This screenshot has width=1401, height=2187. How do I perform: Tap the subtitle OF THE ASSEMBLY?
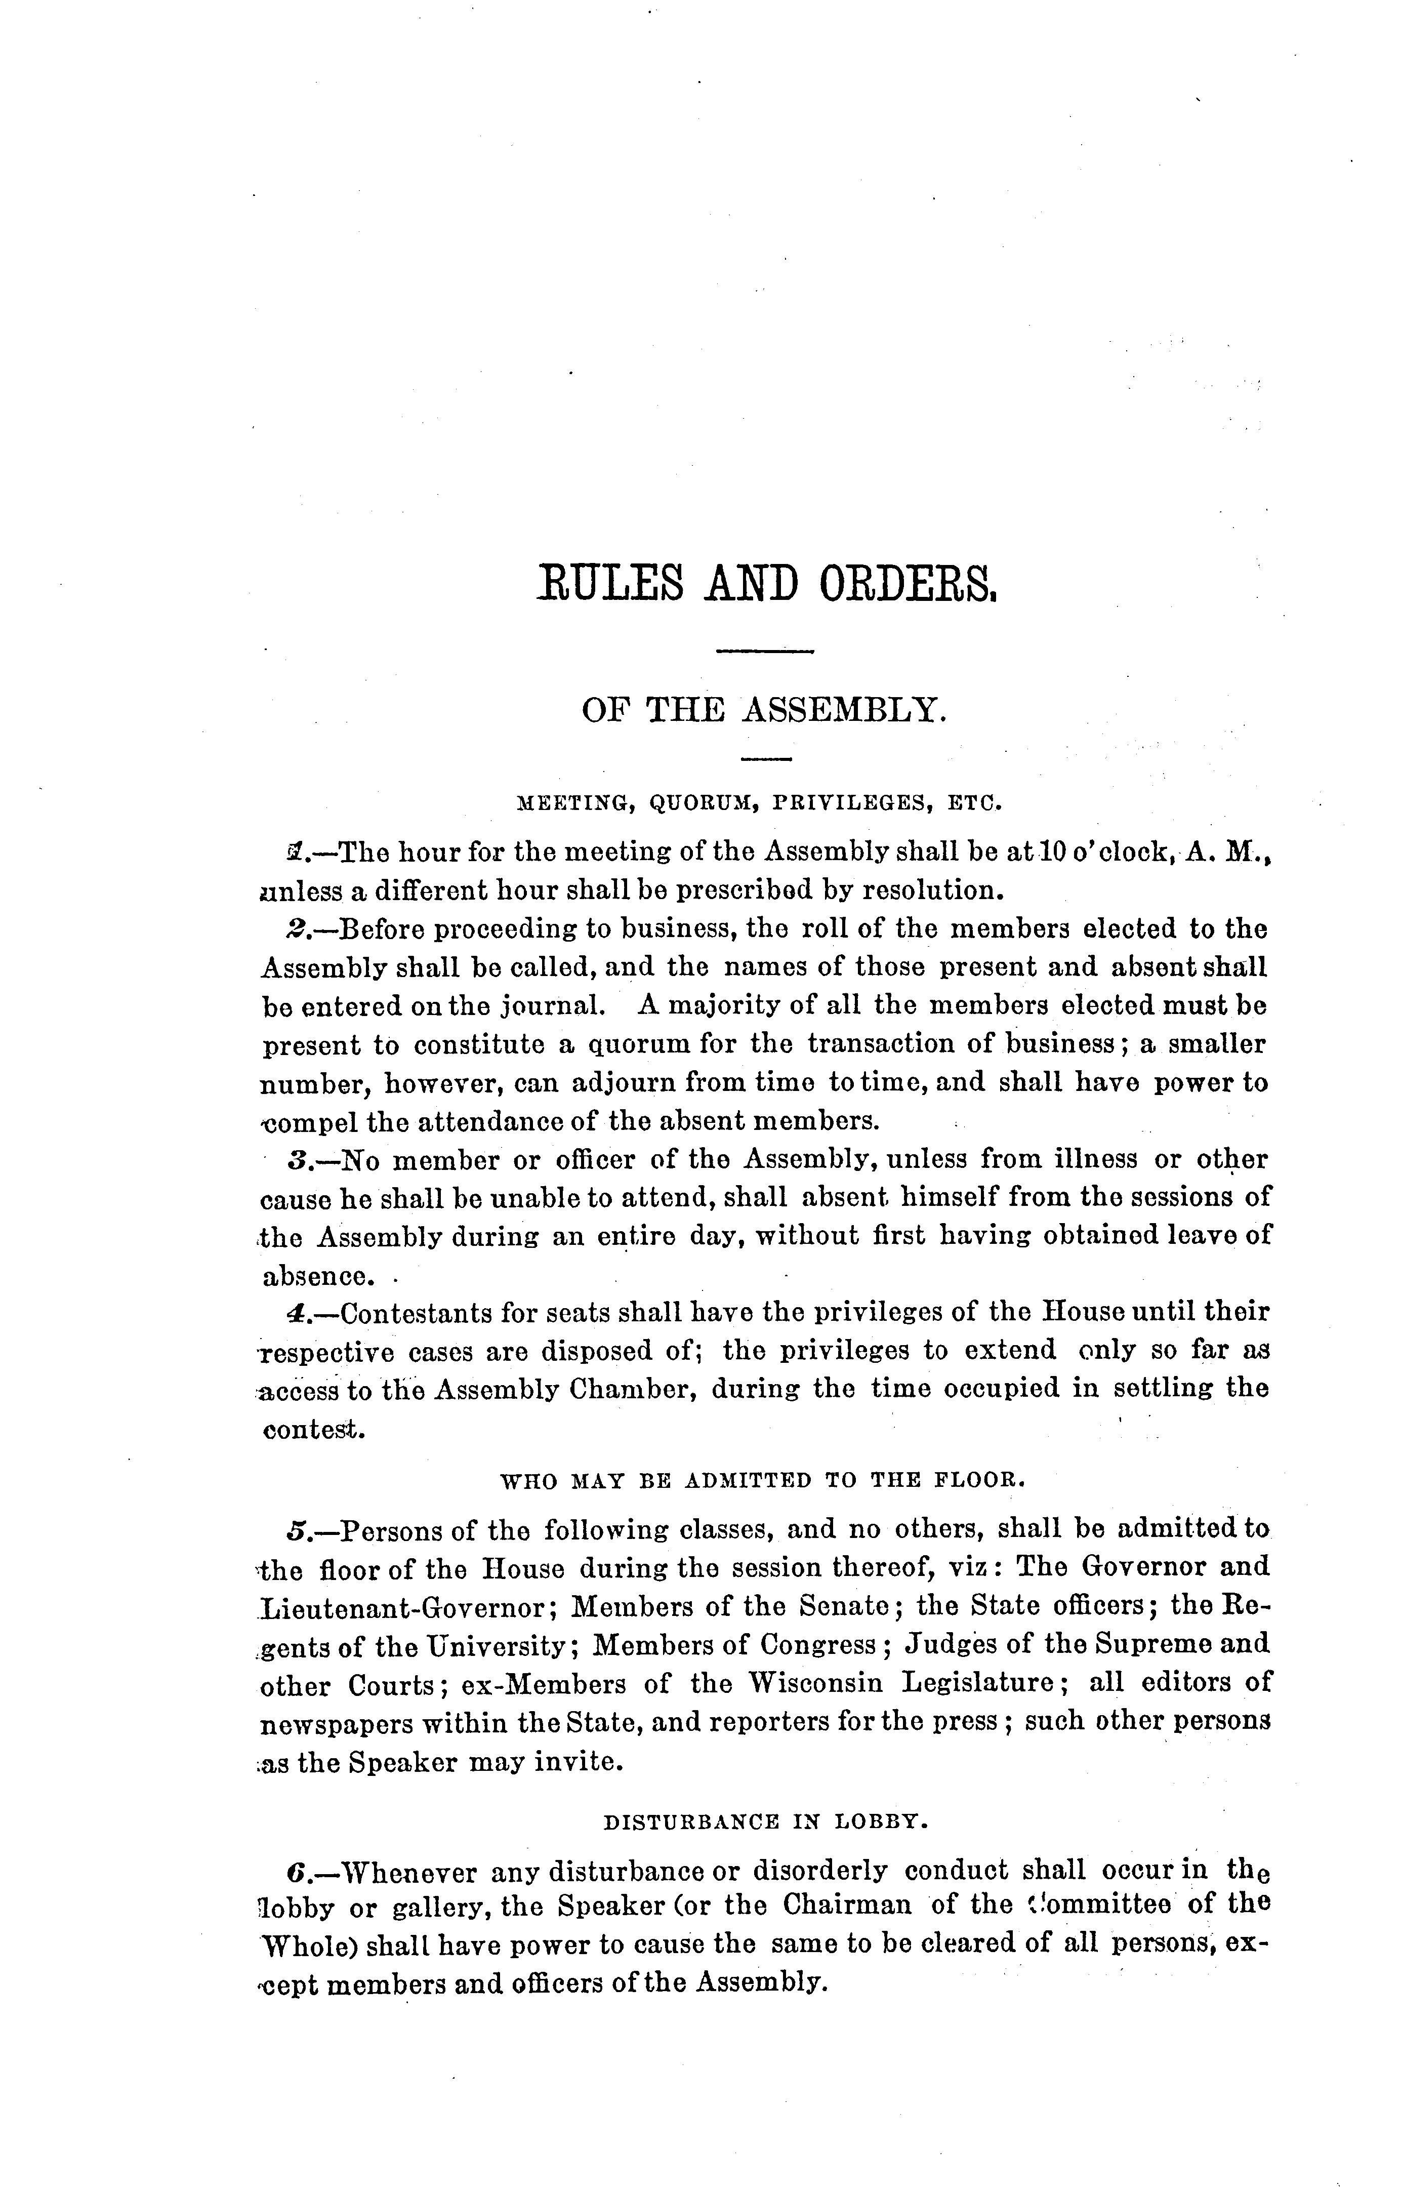[764, 710]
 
